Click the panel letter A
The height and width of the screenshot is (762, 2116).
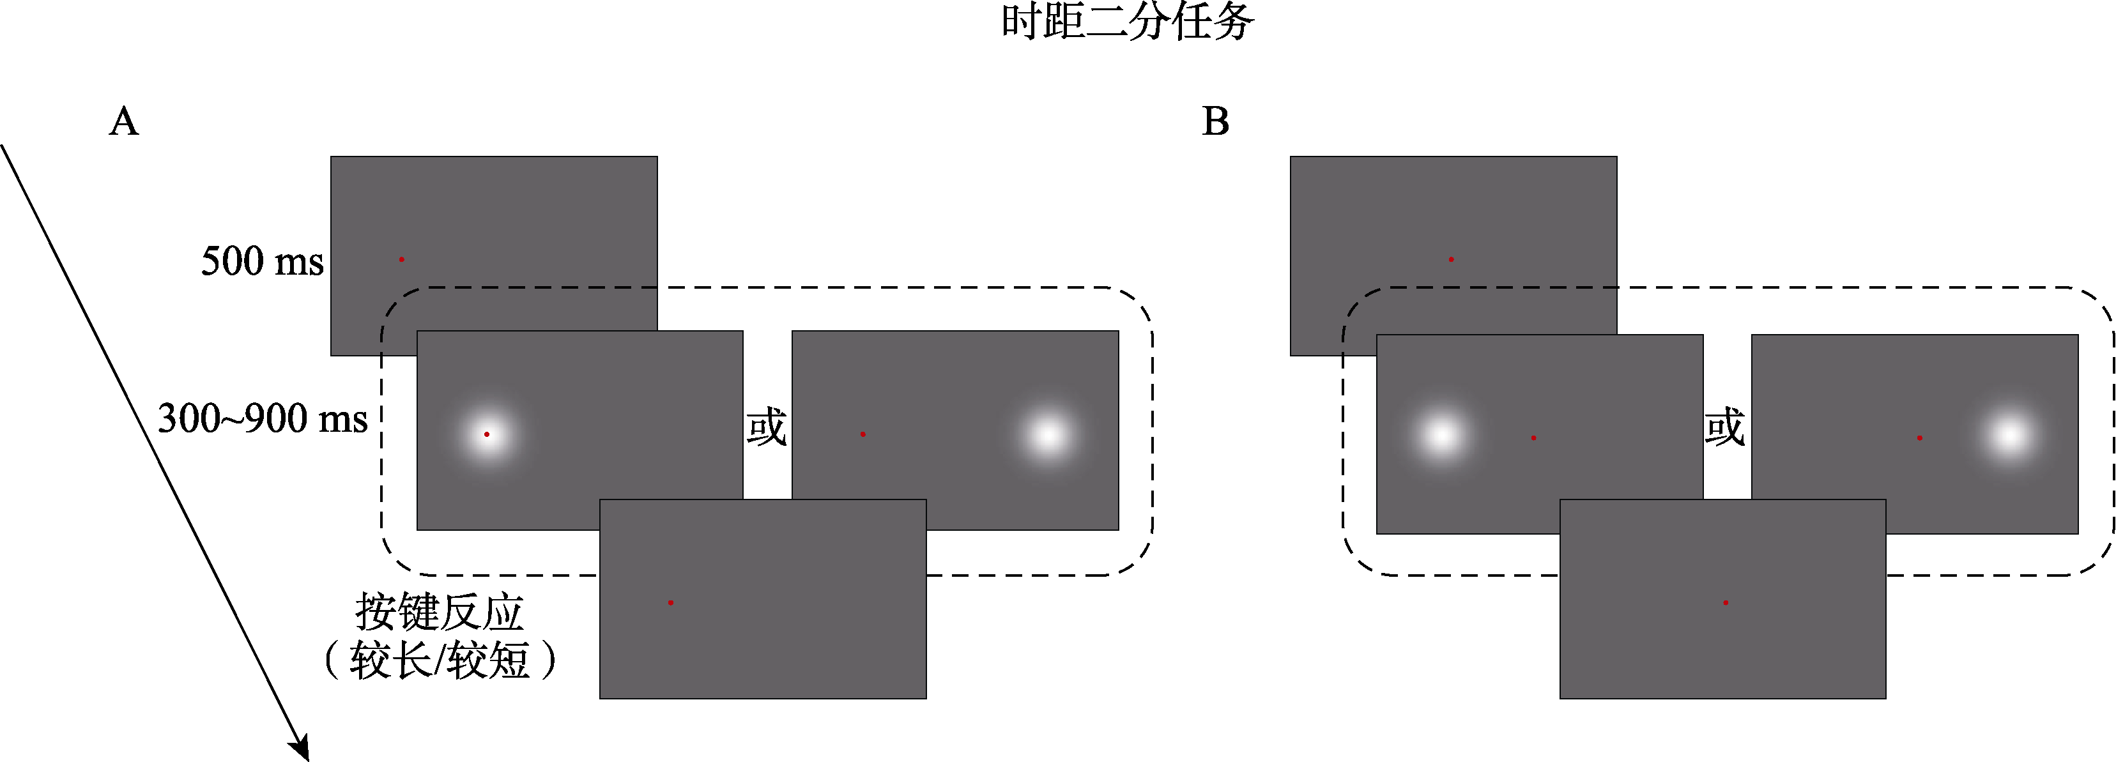coord(124,121)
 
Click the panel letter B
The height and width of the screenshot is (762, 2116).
coord(1216,121)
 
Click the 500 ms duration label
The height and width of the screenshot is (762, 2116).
coord(262,261)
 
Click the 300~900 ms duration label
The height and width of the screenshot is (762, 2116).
coord(262,419)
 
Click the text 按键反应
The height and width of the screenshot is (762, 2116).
coord(440,612)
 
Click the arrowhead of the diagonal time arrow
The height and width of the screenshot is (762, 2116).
coord(301,748)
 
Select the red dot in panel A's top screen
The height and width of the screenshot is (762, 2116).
coord(402,259)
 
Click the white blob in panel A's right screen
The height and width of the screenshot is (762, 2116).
coord(1049,434)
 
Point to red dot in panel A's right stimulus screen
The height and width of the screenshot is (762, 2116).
coord(862,434)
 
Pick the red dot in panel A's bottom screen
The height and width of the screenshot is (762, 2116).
coord(671,603)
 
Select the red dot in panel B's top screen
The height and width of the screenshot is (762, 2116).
coord(1452,259)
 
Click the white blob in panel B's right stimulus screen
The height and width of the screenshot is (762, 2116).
coord(2009,435)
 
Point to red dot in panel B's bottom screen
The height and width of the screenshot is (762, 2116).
coord(1726,603)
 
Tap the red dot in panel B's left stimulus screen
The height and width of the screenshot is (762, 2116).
coord(1533,438)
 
